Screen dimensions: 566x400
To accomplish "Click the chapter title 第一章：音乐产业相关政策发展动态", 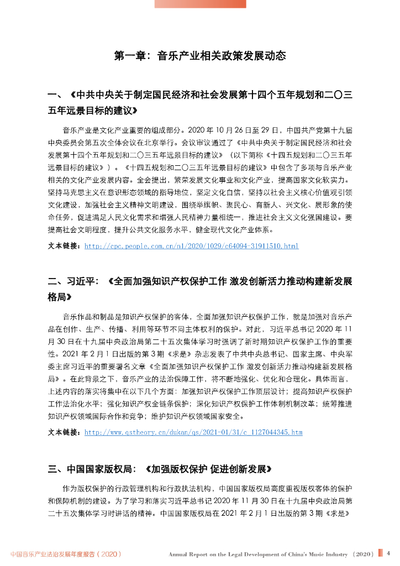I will click(x=199, y=55).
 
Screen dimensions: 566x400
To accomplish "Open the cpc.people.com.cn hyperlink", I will click(x=191, y=245).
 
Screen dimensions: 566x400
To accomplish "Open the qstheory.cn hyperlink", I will click(x=193, y=432).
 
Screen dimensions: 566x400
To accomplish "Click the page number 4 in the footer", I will click(x=388, y=553).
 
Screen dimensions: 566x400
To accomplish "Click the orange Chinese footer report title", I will click(x=66, y=554).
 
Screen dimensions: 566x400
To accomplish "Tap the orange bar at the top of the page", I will click(x=200, y=4).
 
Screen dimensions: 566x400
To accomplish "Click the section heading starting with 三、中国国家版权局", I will click(x=160, y=469).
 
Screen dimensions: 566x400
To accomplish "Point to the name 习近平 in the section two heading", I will click(x=81, y=281).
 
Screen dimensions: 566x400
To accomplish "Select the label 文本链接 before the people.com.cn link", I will click(x=65, y=245).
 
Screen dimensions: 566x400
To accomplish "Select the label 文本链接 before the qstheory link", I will click(x=65, y=432).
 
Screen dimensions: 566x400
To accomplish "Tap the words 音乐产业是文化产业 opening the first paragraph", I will click(x=90, y=131).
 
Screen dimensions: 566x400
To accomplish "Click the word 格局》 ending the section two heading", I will click(x=60, y=297).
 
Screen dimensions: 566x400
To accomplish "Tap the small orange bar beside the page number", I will click(x=380, y=553).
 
